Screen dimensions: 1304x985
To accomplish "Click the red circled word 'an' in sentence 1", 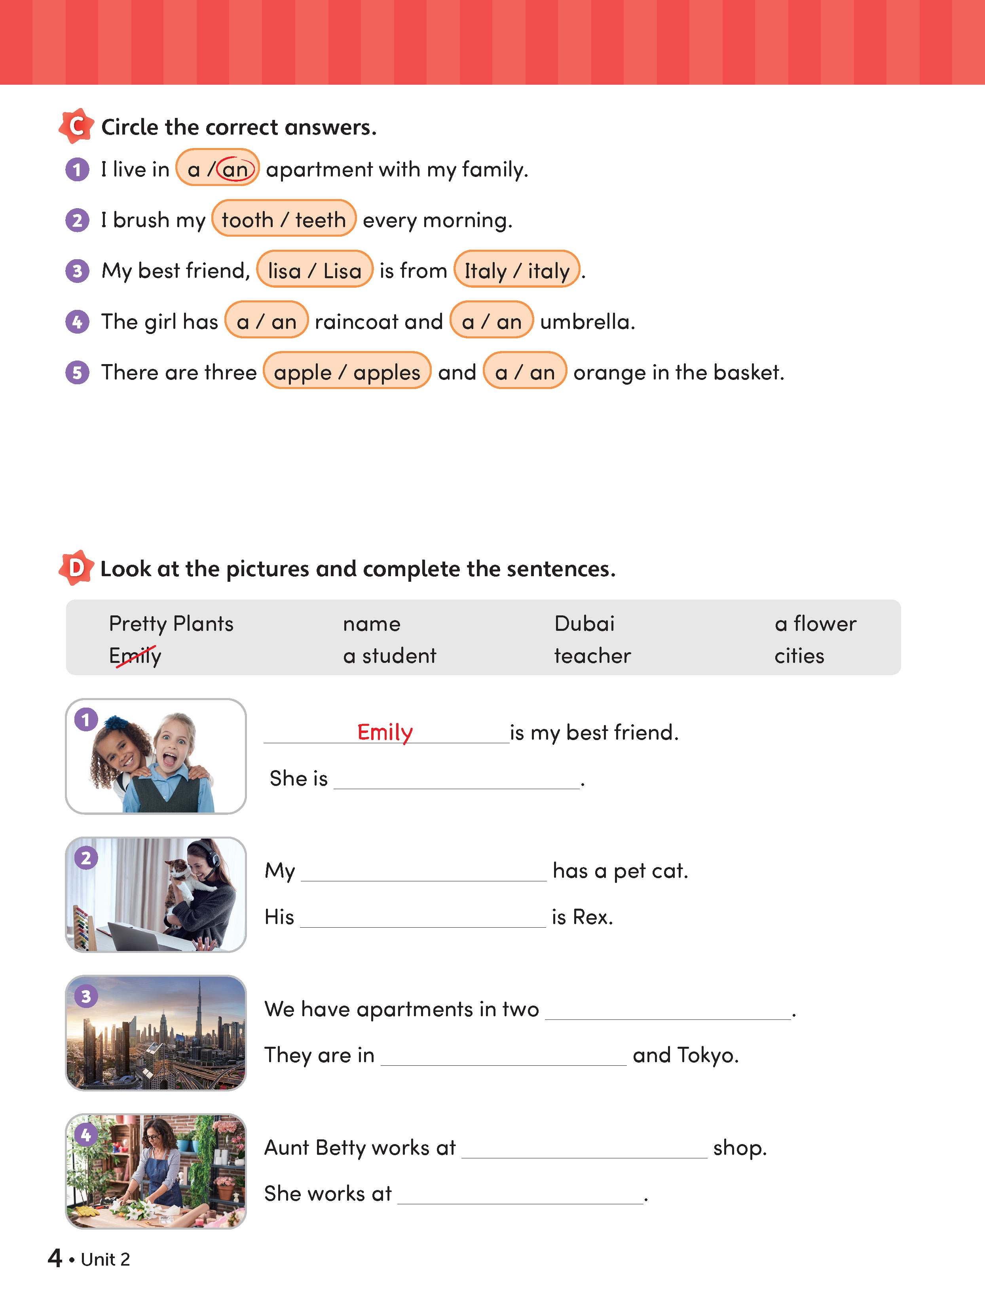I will point(235,170).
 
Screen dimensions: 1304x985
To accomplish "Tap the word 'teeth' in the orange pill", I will point(320,220).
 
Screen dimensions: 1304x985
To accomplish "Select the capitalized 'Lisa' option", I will point(342,271).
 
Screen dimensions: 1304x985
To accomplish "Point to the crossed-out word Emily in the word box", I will point(135,655).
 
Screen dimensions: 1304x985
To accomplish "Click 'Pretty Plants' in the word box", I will point(171,624).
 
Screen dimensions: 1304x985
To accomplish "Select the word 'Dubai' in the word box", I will point(584,624).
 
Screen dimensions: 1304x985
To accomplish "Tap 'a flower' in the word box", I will point(815,624).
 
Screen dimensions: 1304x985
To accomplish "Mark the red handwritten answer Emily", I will point(385,732).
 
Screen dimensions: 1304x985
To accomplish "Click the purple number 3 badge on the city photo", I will point(86,996).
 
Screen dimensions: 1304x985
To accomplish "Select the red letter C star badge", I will point(76,125).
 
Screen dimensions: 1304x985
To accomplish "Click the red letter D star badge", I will point(76,568).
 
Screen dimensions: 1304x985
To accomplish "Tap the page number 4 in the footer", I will point(55,1258).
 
